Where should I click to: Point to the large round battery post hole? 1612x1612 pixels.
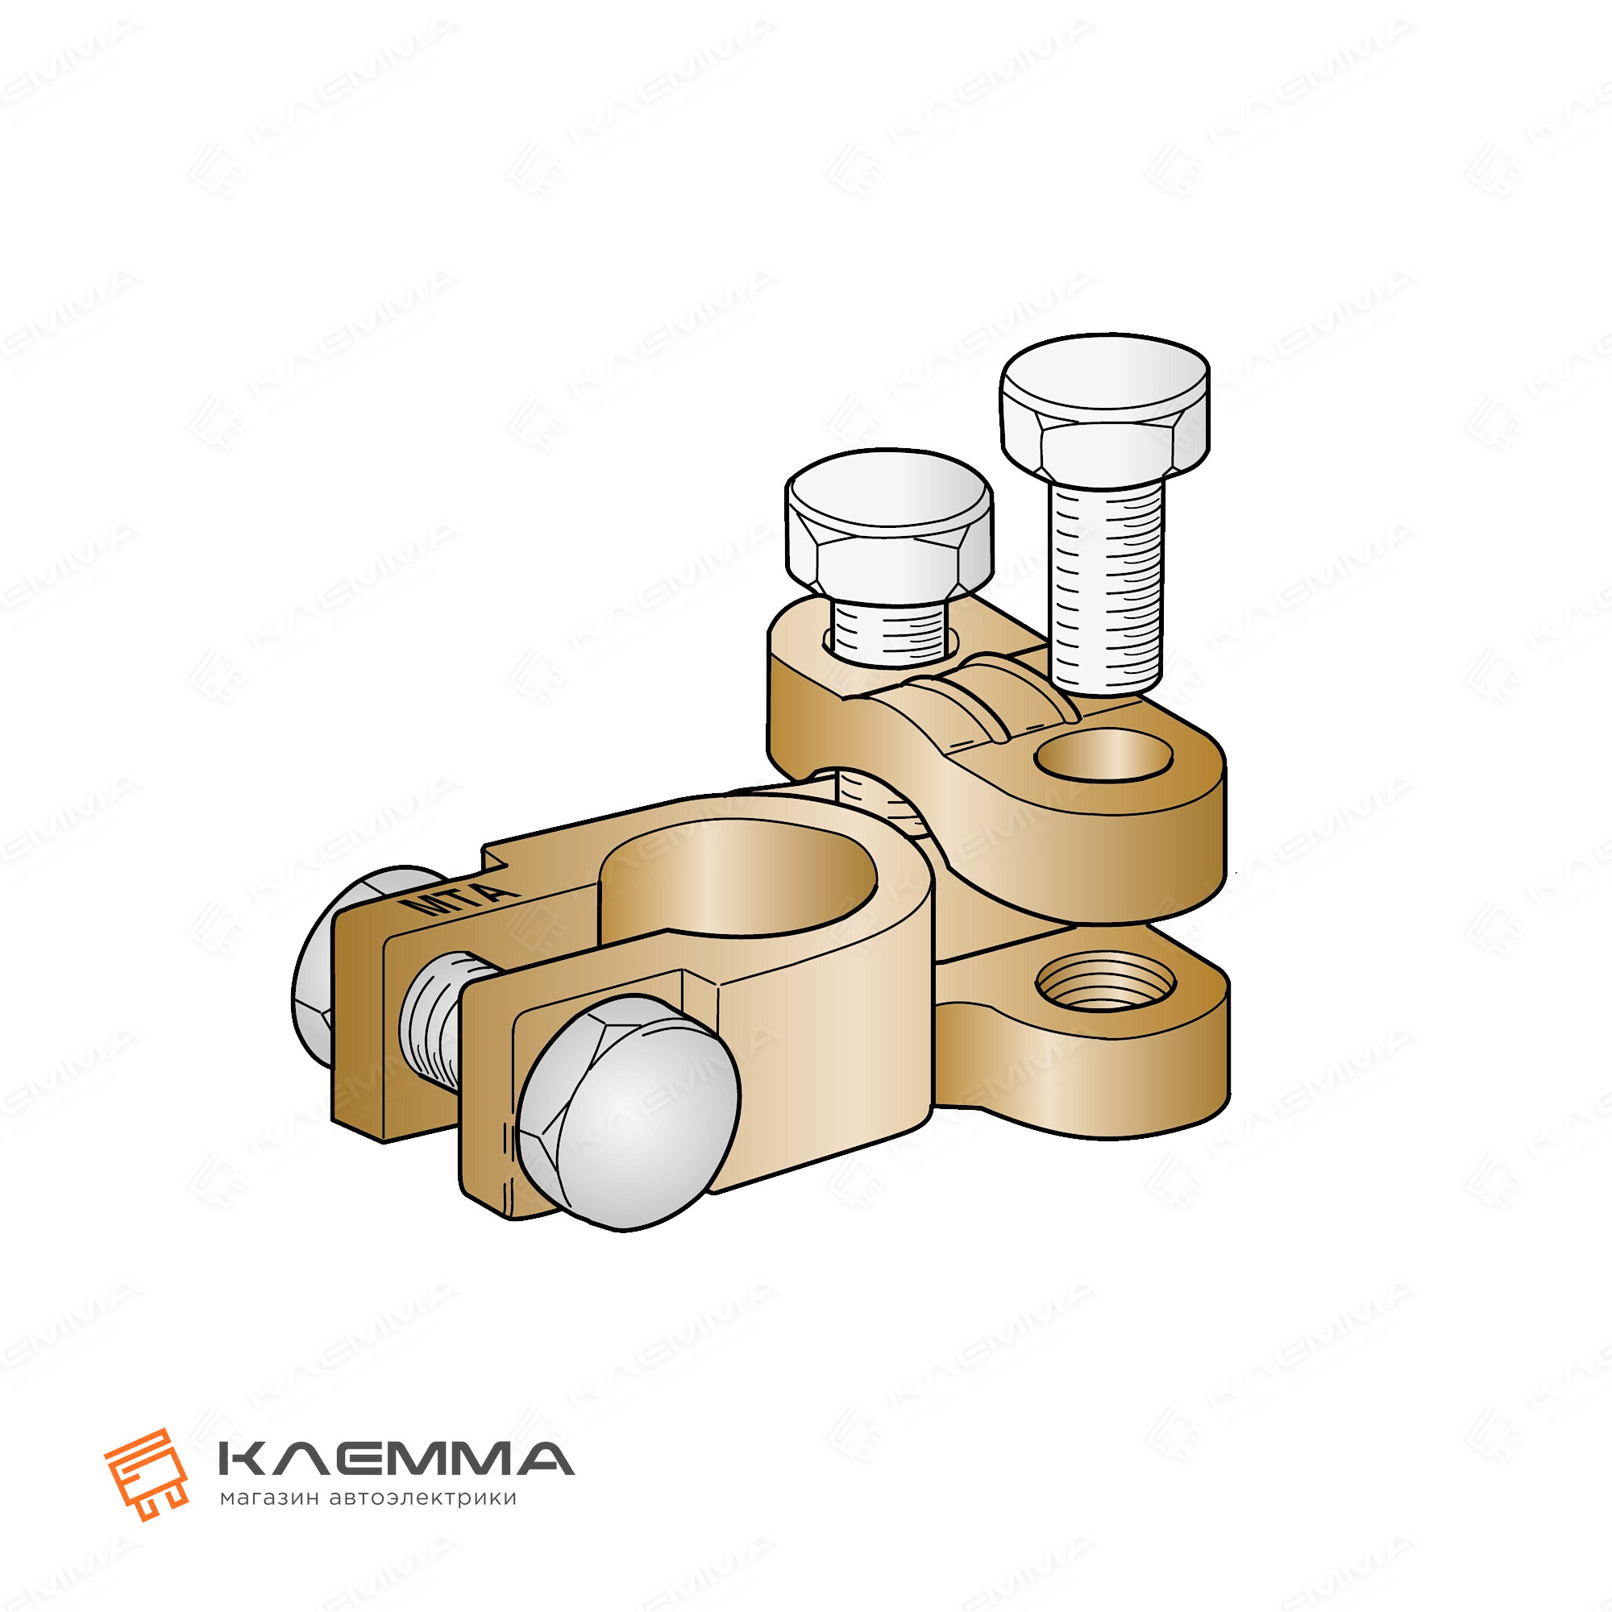point(738,881)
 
